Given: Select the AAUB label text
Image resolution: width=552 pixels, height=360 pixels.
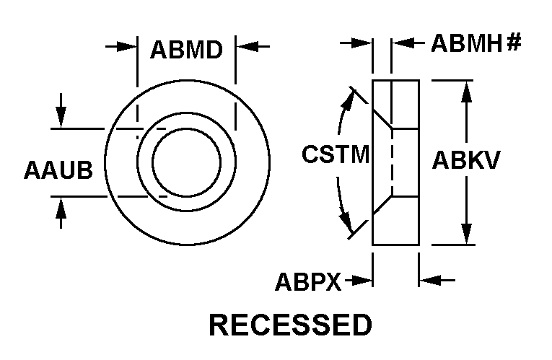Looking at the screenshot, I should click(58, 171).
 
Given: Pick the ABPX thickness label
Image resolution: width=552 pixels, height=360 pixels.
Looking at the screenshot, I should click(307, 281).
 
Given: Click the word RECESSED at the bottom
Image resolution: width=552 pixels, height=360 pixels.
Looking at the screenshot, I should click(290, 325).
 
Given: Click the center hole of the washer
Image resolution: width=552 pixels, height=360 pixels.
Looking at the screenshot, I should click(186, 162).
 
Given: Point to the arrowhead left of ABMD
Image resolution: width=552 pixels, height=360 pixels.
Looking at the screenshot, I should click(130, 47).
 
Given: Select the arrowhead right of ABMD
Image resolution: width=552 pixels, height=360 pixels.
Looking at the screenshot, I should click(243, 47).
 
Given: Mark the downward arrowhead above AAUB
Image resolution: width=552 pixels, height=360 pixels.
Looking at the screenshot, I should click(61, 119).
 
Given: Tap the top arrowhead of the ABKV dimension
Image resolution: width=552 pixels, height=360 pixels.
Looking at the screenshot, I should click(468, 89).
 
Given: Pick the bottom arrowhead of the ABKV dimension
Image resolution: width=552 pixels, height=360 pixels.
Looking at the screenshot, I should click(468, 236).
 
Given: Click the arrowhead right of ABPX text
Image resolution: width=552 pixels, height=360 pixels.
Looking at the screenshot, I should click(366, 281).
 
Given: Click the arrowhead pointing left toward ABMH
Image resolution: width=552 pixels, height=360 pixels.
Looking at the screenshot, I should click(399, 43).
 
